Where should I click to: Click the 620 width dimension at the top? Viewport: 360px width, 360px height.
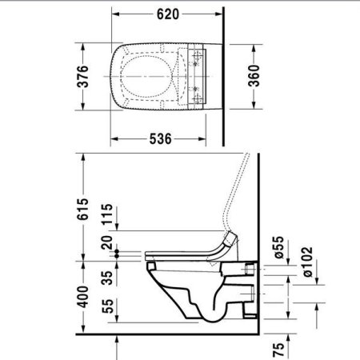[x=166, y=14]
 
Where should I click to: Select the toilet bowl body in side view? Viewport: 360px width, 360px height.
[x=200, y=288]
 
